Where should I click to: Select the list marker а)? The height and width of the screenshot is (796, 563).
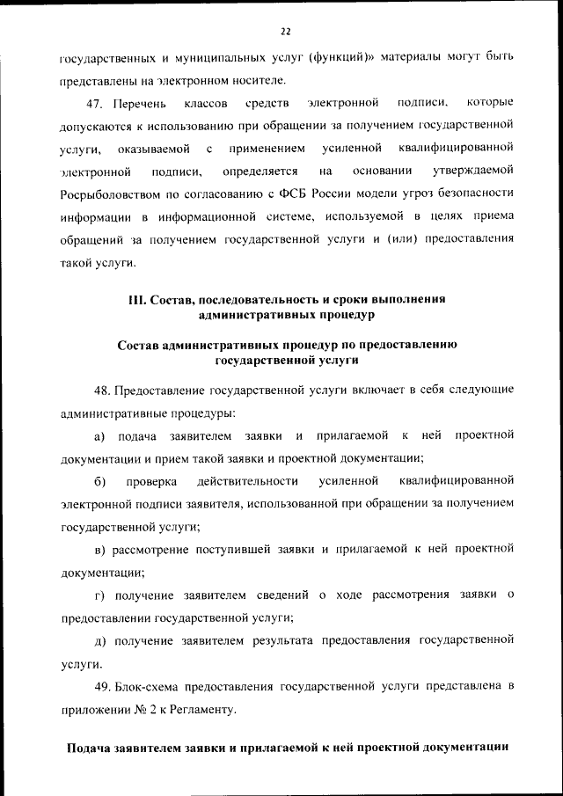point(99,435)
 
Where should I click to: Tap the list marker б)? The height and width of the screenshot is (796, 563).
point(99,481)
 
